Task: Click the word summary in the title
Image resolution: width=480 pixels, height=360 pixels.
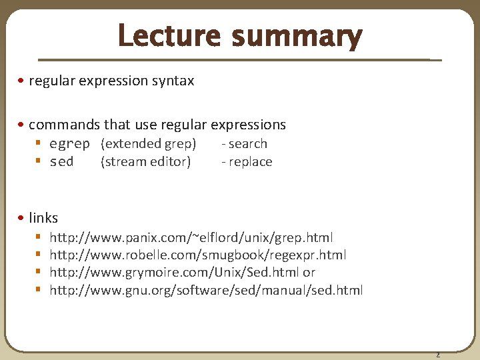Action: [297, 38]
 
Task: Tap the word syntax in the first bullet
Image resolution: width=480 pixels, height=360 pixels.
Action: [172, 81]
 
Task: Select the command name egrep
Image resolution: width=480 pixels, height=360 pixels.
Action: [69, 144]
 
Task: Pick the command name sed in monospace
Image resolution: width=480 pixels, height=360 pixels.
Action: [61, 162]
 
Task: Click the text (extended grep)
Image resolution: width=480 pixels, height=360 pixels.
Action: [148, 144]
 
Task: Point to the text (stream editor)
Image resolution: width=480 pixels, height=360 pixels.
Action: [145, 162]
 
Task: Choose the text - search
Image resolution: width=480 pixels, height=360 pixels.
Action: [245, 144]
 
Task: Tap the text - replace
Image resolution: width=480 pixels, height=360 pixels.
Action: [247, 162]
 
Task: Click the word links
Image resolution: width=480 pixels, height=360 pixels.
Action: [43, 218]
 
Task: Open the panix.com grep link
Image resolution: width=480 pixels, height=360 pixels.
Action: [191, 238]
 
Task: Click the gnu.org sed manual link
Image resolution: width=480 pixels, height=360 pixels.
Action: [206, 290]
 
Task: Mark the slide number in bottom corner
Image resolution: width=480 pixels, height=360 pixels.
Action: [438, 354]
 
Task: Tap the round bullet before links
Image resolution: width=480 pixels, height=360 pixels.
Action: [22, 218]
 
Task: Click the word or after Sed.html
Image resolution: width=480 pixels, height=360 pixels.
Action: [309, 273]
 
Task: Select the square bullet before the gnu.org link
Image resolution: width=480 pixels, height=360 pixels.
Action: [39, 290]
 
